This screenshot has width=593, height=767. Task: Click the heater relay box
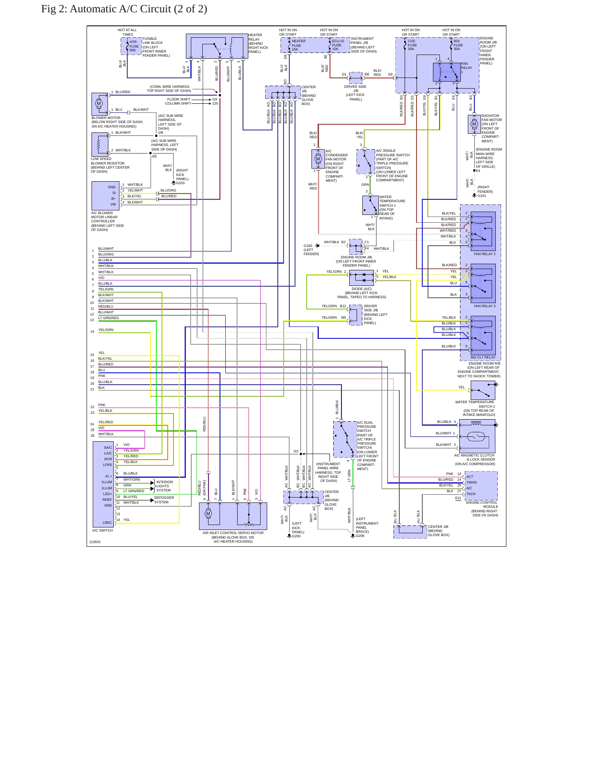[217, 46]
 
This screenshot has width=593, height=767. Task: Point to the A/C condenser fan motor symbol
[318, 159]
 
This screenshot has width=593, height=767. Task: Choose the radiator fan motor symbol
[474, 124]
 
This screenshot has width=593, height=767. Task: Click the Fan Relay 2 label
[485, 254]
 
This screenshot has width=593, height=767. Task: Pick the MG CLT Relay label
[483, 357]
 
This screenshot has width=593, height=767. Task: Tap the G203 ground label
[181, 183]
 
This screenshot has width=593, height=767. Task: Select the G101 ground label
[482, 196]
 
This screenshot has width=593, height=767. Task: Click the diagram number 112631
[95, 542]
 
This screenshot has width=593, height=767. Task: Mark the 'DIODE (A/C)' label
[362, 289]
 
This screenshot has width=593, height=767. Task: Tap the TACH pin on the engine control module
[471, 494]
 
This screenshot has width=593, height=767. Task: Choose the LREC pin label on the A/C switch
[107, 523]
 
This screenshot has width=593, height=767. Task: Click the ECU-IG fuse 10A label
[338, 45]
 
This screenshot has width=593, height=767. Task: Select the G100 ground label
[308, 246]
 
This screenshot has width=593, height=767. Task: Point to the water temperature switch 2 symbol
[483, 390]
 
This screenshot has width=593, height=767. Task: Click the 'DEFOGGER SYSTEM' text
[164, 500]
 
